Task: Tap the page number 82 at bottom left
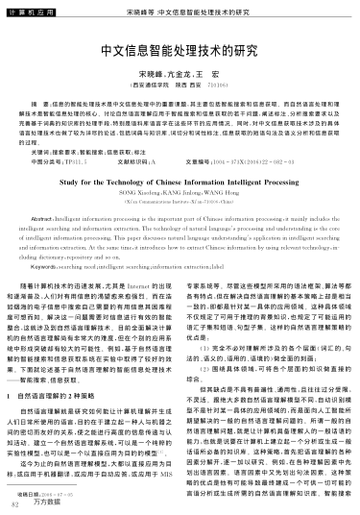(x=14, y=503)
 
